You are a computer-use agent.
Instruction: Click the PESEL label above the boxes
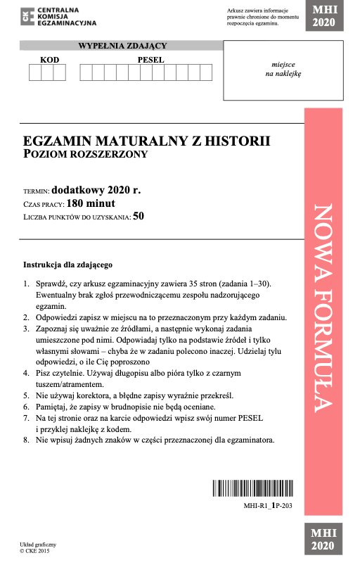click(150, 60)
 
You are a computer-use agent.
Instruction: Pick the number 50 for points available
click(139, 217)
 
